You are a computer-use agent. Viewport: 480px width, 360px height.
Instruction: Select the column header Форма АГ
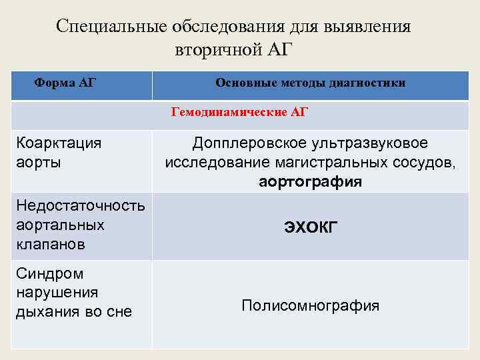[x=65, y=83]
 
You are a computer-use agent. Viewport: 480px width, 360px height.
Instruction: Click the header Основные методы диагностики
[x=310, y=83]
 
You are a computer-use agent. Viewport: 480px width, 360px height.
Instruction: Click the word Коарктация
[x=59, y=143]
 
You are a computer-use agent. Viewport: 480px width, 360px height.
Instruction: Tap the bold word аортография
[x=310, y=181]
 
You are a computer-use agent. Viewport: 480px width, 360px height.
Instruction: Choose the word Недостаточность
[x=80, y=206]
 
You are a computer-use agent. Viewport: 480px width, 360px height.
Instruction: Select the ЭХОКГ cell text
[x=311, y=227]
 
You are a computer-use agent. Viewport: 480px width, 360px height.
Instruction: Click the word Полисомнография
[x=311, y=306]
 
